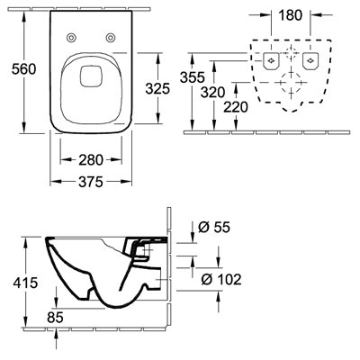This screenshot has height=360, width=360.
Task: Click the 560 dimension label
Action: tap(23, 69)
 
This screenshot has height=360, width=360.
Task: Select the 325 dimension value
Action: tap(157, 88)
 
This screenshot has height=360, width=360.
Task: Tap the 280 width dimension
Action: tap(91, 160)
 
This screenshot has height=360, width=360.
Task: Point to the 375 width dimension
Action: tap(91, 182)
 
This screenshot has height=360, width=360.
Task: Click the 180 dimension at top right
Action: tap(290, 15)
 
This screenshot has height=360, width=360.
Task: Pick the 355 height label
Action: tap(193, 77)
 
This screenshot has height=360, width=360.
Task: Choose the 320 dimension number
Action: tap(213, 93)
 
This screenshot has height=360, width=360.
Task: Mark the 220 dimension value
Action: tap(236, 107)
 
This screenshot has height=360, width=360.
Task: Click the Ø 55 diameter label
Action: tap(214, 227)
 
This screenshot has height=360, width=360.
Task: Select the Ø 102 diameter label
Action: tap(221, 280)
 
